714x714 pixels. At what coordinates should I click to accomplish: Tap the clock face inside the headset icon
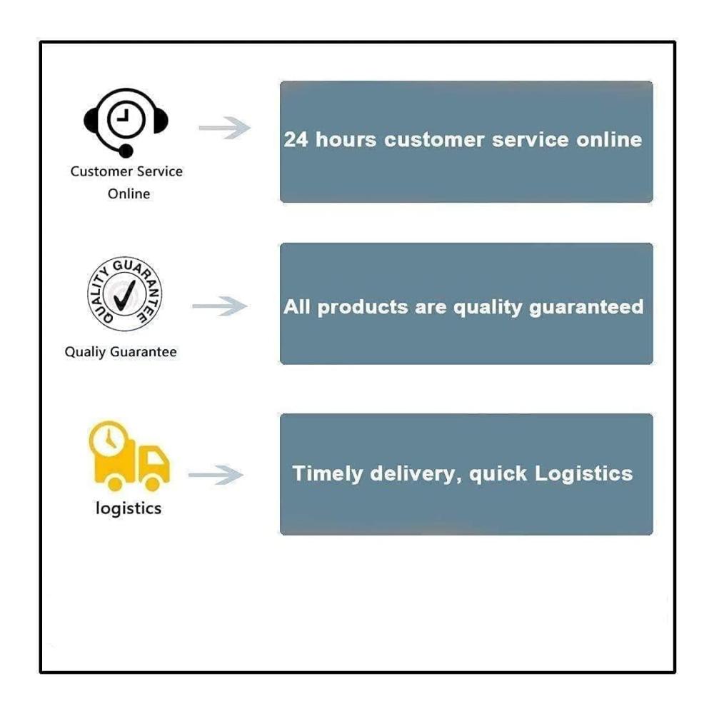[x=126, y=119]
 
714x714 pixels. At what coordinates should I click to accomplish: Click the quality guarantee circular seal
[x=124, y=293]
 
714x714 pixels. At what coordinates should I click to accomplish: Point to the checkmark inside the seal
[x=124, y=295]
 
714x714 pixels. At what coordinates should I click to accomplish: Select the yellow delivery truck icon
[x=129, y=456]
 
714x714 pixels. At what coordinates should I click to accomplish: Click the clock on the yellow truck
[x=109, y=438]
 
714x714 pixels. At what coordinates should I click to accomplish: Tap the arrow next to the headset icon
[x=224, y=128]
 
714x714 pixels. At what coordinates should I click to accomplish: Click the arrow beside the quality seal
[x=219, y=306]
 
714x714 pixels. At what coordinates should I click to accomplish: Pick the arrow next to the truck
[x=216, y=475]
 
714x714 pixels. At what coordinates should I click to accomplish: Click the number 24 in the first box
[x=296, y=139]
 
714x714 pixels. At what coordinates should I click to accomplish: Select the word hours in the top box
[x=346, y=139]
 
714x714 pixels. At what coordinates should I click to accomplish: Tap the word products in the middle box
[x=363, y=308]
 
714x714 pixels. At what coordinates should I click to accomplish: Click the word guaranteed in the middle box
[x=586, y=308]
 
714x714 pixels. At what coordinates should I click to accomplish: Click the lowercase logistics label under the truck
[x=129, y=508]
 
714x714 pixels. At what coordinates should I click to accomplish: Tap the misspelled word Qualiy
[x=85, y=352]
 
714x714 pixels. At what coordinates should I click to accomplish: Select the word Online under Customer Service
[x=129, y=194]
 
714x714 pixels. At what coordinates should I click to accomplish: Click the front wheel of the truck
[x=153, y=483]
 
